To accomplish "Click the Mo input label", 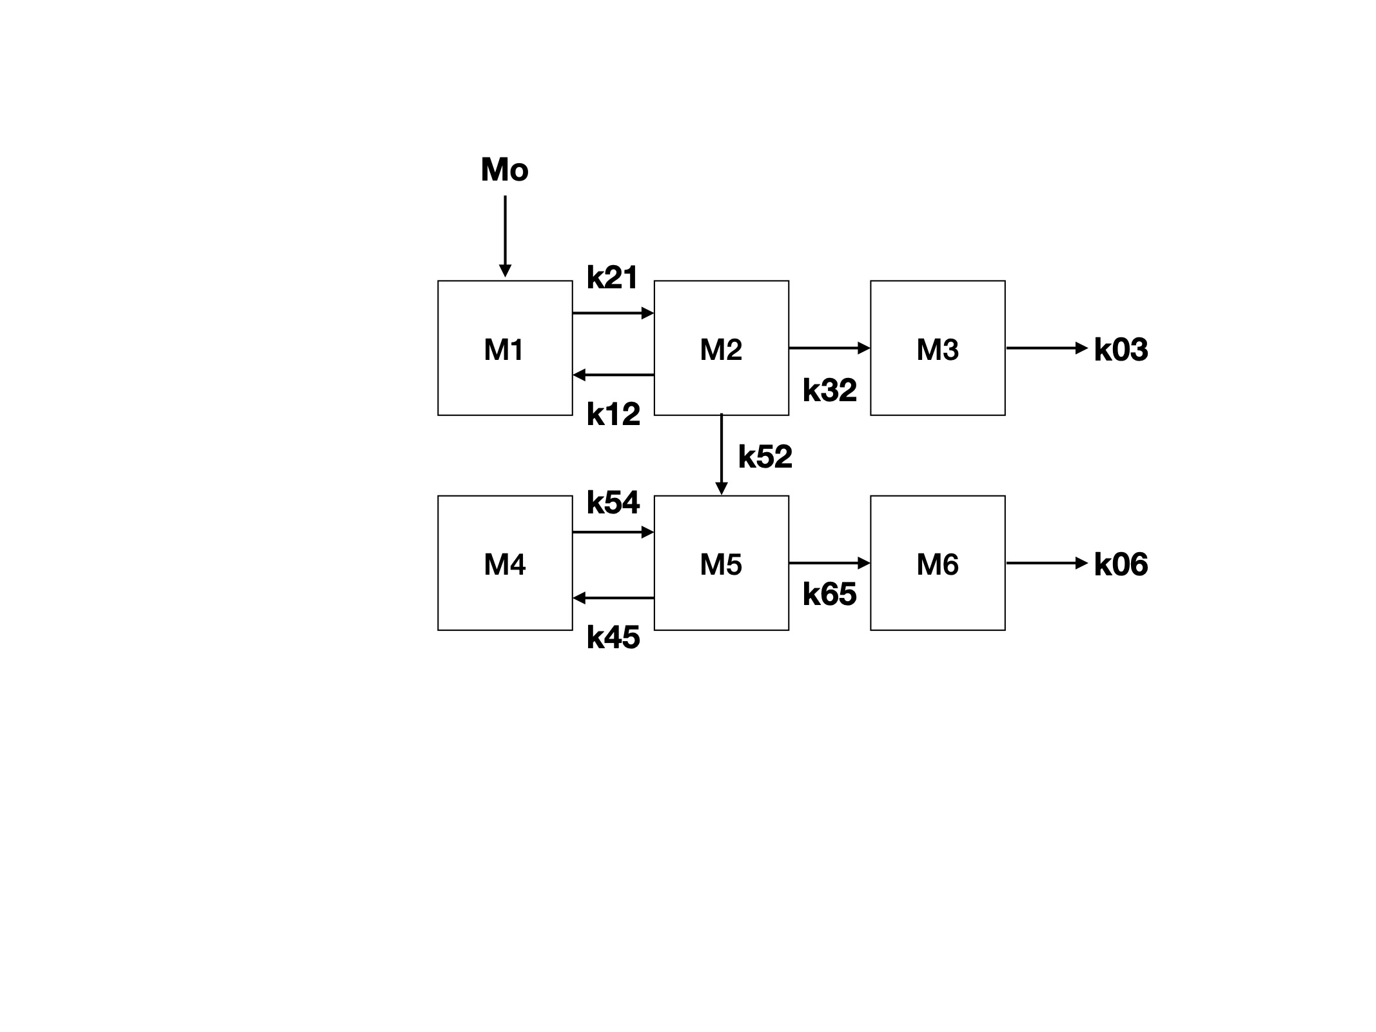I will (504, 170).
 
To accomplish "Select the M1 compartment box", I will (504, 348).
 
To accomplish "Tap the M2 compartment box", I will (721, 348).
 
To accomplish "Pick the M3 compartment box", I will (938, 348).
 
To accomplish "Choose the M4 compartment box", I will (504, 563).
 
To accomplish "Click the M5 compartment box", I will (721, 563).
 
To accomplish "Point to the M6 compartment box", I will (938, 563).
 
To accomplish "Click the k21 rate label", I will (612, 278).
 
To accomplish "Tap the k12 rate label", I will (613, 414).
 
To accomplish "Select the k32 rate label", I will (829, 390).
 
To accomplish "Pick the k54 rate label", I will (613, 502).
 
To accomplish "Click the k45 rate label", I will (613, 638).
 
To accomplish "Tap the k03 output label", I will (1121, 350).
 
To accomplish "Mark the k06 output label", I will (1121, 564).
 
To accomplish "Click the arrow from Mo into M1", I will (505, 235).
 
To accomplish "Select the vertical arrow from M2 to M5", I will (722, 454).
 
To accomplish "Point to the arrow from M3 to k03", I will (1046, 348).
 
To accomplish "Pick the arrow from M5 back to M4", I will (613, 599).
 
